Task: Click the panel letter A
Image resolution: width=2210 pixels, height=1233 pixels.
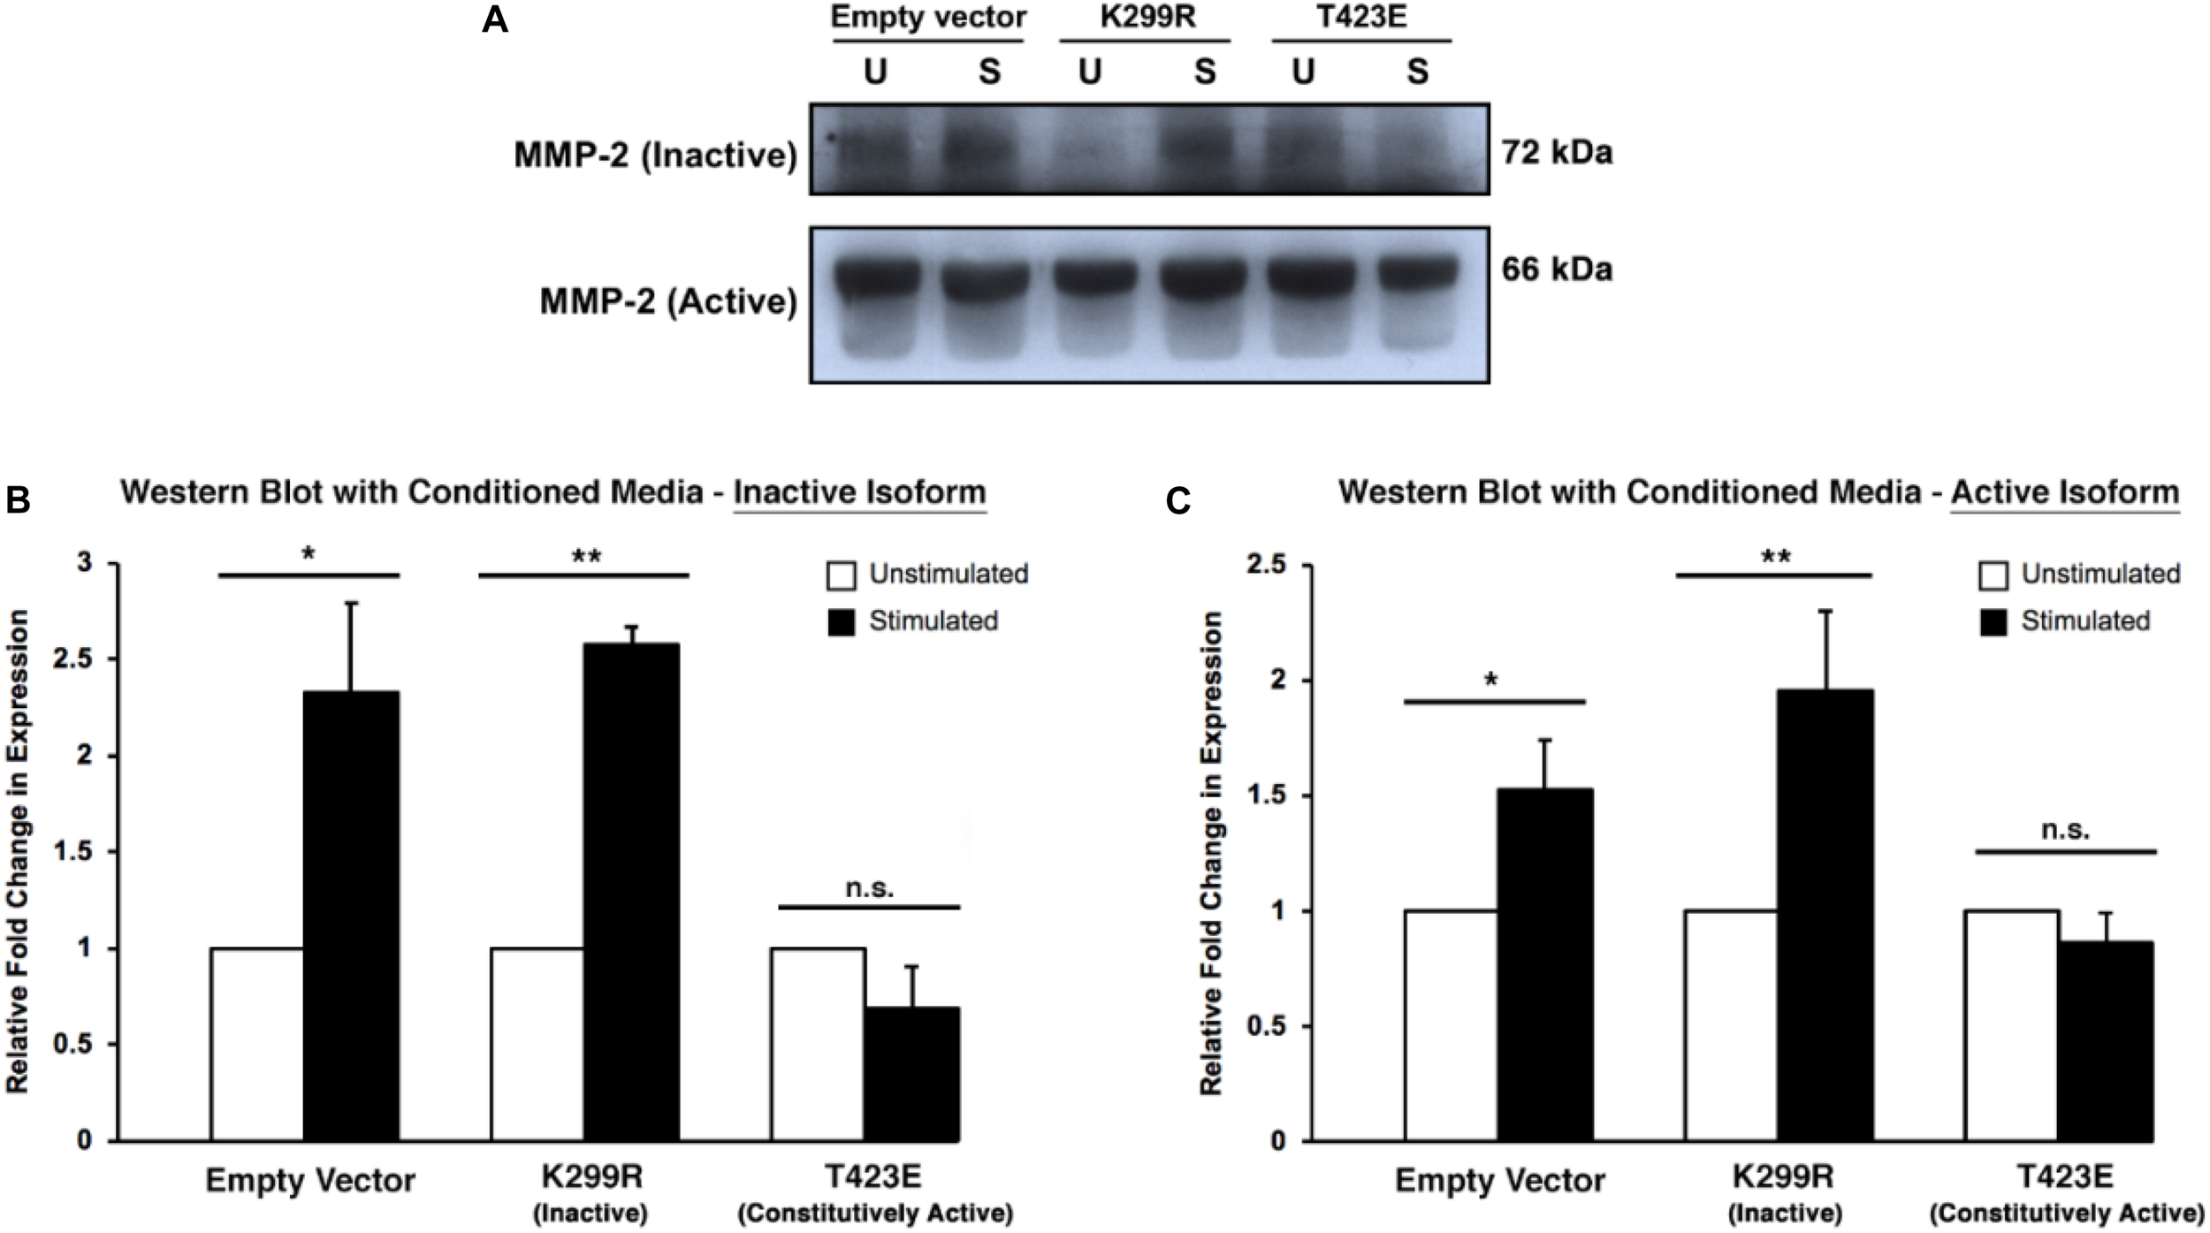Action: point(494,19)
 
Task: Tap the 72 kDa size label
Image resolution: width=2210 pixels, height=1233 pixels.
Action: point(1557,153)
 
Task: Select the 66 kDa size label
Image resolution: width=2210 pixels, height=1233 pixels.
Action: point(1557,269)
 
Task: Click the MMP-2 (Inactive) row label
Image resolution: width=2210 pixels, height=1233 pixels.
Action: point(655,156)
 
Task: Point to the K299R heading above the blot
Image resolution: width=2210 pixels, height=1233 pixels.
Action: point(1147,17)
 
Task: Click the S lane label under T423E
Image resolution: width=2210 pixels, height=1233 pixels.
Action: point(1417,72)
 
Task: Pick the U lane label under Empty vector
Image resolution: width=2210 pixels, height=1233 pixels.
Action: point(875,72)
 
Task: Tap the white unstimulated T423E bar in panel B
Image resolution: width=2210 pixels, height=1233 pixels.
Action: point(818,1043)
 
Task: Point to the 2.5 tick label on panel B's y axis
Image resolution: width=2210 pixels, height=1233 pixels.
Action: point(72,659)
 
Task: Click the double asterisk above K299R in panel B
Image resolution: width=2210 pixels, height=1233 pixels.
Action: point(586,557)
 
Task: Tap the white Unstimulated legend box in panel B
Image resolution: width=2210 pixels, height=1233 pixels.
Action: point(841,576)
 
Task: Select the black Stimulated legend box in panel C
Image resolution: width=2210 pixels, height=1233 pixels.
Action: point(1993,622)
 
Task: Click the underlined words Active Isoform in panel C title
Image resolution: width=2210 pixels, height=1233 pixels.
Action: point(2065,492)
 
